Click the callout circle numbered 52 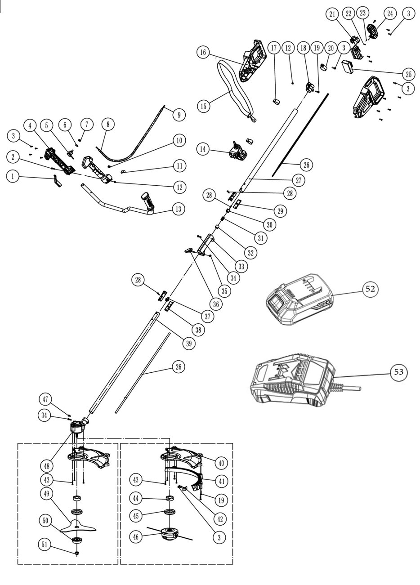point(371,290)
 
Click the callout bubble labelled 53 point(398,372)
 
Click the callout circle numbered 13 point(179,208)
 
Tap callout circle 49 point(47,494)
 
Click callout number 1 point(13,177)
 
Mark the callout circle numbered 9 point(179,115)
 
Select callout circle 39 point(189,344)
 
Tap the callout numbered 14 point(203,148)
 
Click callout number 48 point(47,464)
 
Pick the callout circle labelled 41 point(221,481)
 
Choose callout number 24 point(390,14)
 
